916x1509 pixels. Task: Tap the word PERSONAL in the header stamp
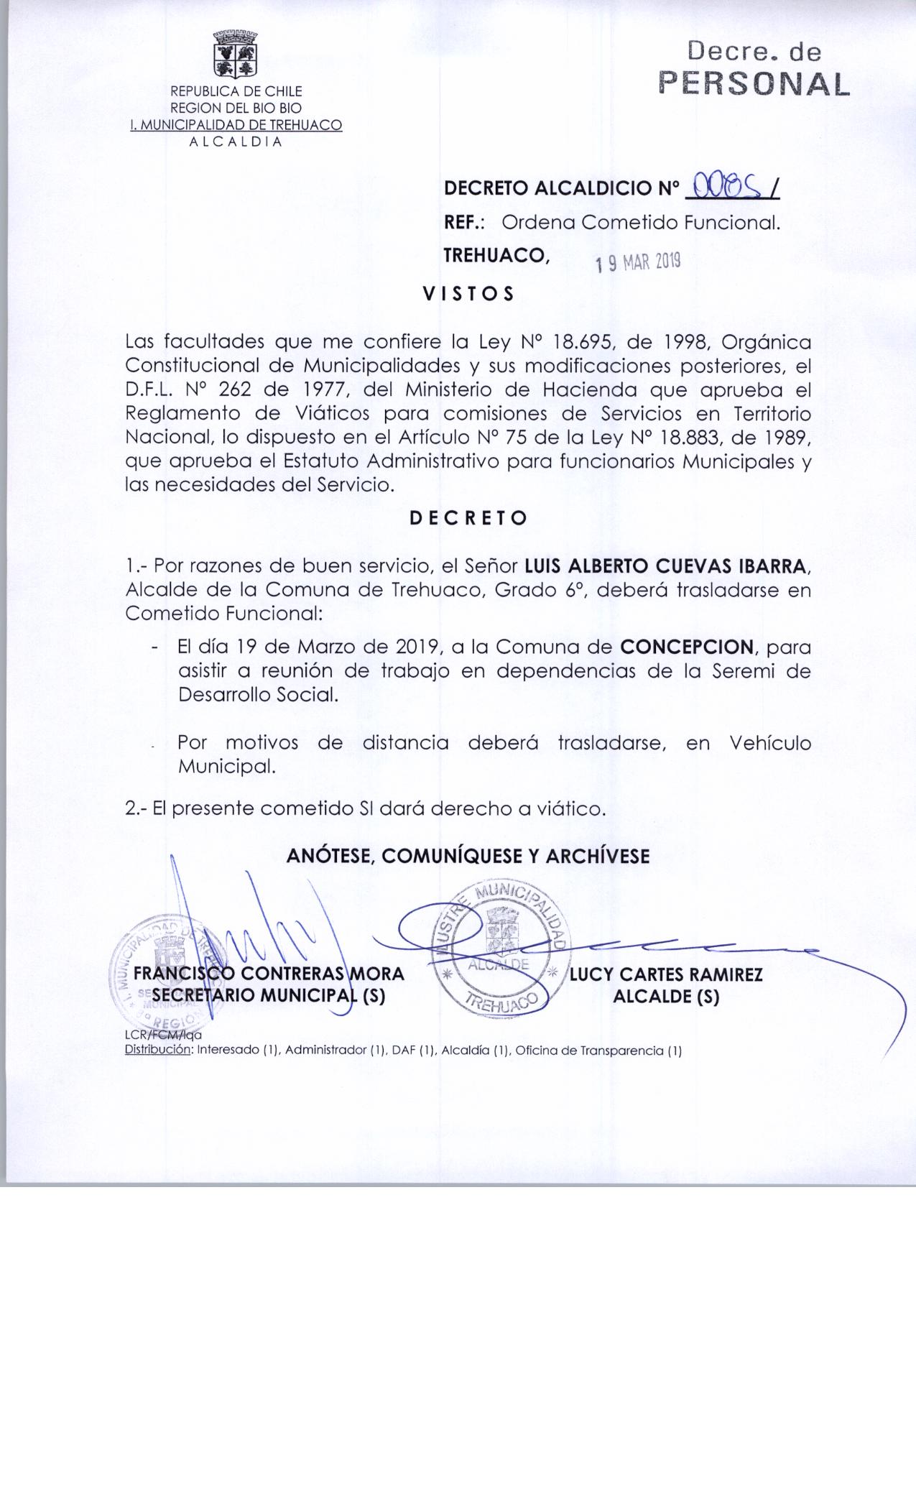tap(754, 85)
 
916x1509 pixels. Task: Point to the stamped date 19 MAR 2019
tap(637, 263)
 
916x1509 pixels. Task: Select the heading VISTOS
tap(468, 294)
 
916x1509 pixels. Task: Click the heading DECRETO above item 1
tap(468, 518)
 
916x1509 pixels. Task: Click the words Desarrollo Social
tap(257, 695)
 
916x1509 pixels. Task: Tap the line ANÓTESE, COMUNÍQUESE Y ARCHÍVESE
tap(468, 856)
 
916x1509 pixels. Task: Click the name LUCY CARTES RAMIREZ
tap(666, 975)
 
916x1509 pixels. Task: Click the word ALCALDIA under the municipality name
tap(236, 141)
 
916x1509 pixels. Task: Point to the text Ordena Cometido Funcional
tap(641, 223)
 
